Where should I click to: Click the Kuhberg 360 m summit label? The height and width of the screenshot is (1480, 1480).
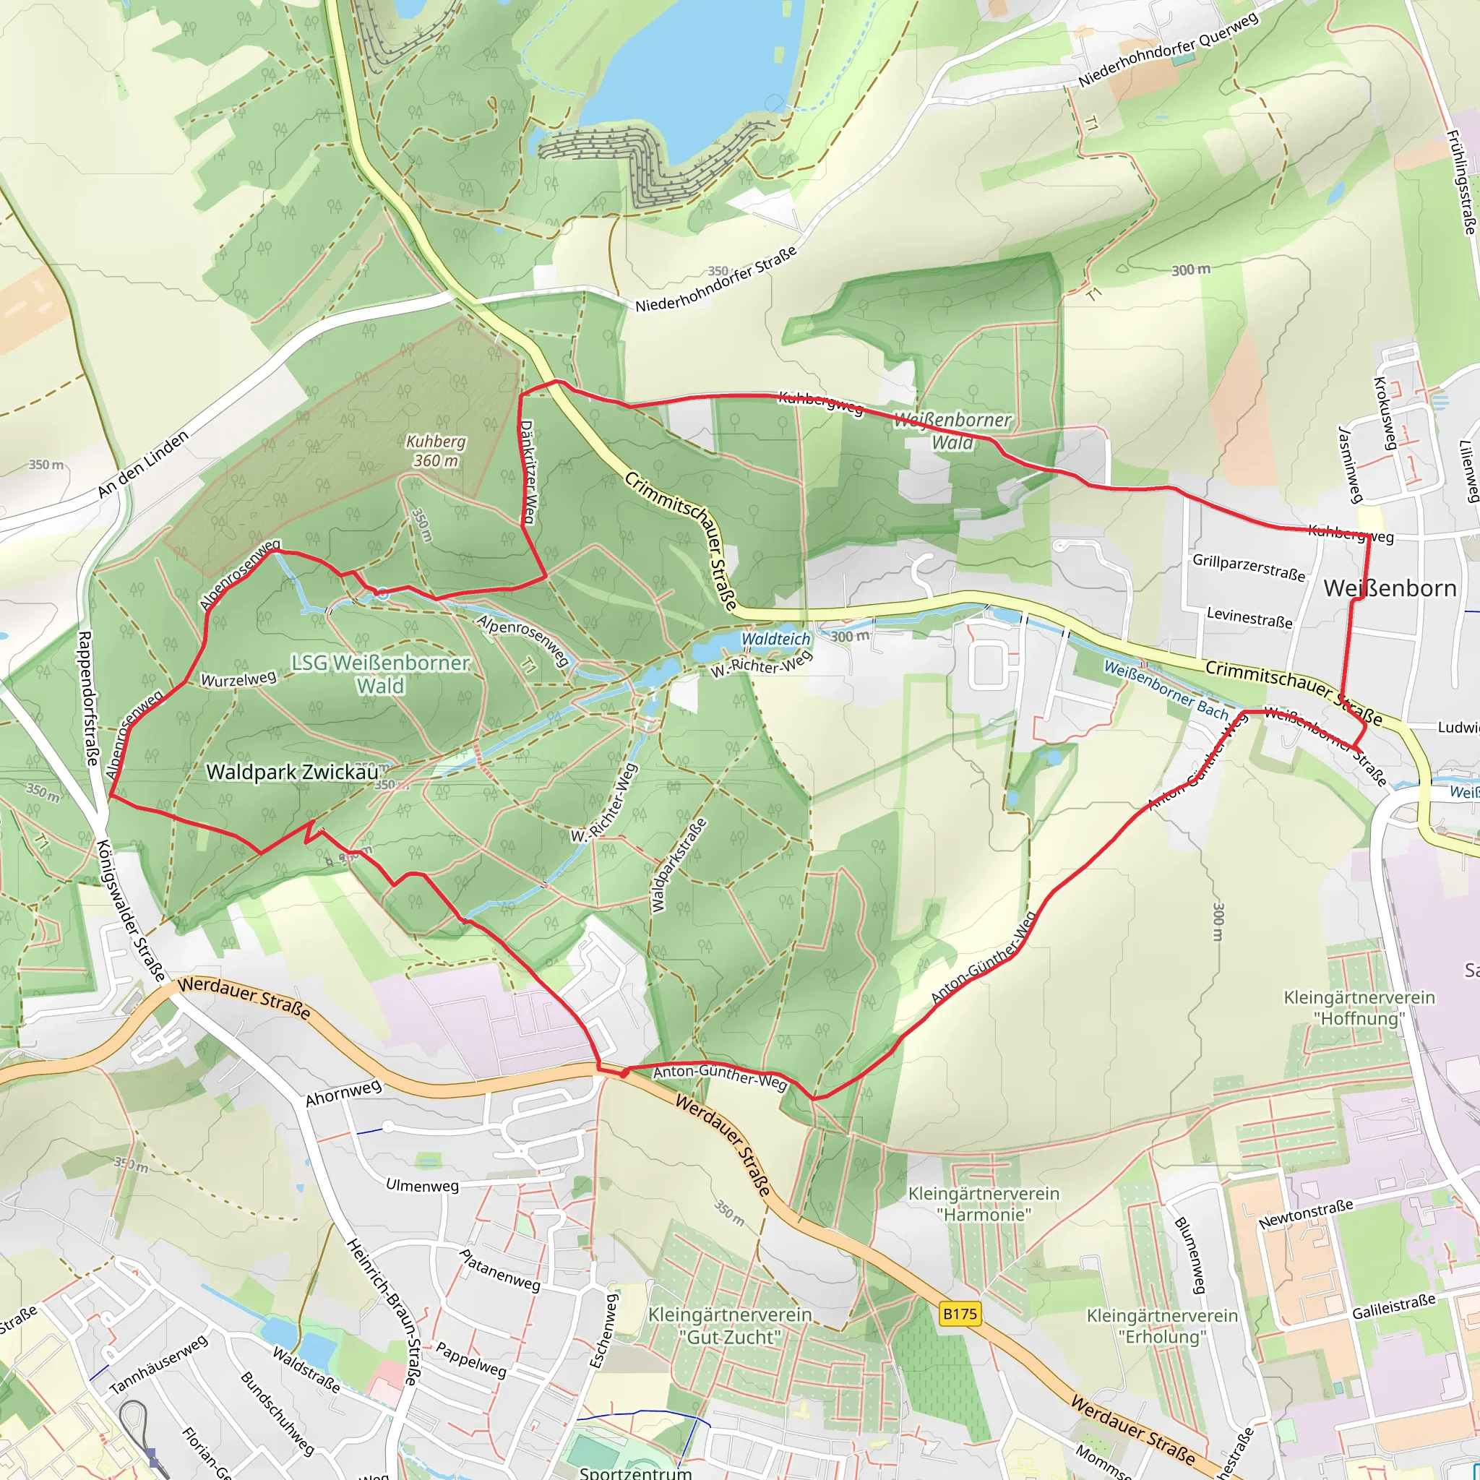coord(435,451)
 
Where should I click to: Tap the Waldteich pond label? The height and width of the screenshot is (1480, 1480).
coord(776,639)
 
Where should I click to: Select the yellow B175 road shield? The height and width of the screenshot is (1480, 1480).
coord(960,1315)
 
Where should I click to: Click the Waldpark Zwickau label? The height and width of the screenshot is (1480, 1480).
coord(293,773)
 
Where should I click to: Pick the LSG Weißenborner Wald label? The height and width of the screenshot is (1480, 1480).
coord(381,674)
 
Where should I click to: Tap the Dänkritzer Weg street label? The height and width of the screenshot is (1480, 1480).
coord(528,473)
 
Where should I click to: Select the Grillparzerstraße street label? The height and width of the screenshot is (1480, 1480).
coord(1249,567)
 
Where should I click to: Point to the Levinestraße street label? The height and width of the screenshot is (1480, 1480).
coord(1249,617)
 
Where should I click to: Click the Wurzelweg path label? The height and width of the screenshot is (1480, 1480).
coord(238,679)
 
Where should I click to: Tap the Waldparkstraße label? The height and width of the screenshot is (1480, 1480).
coord(678,865)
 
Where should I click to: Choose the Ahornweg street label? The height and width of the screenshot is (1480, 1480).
coord(343,1094)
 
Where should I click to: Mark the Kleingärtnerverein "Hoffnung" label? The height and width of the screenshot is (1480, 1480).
coord(1359,1008)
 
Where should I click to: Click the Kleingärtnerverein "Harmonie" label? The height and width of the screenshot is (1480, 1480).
coord(984,1203)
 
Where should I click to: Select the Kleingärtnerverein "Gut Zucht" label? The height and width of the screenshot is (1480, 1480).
coord(729,1326)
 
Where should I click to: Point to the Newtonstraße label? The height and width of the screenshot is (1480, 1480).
coord(1305,1215)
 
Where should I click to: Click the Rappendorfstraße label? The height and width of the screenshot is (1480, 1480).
coord(88,698)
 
